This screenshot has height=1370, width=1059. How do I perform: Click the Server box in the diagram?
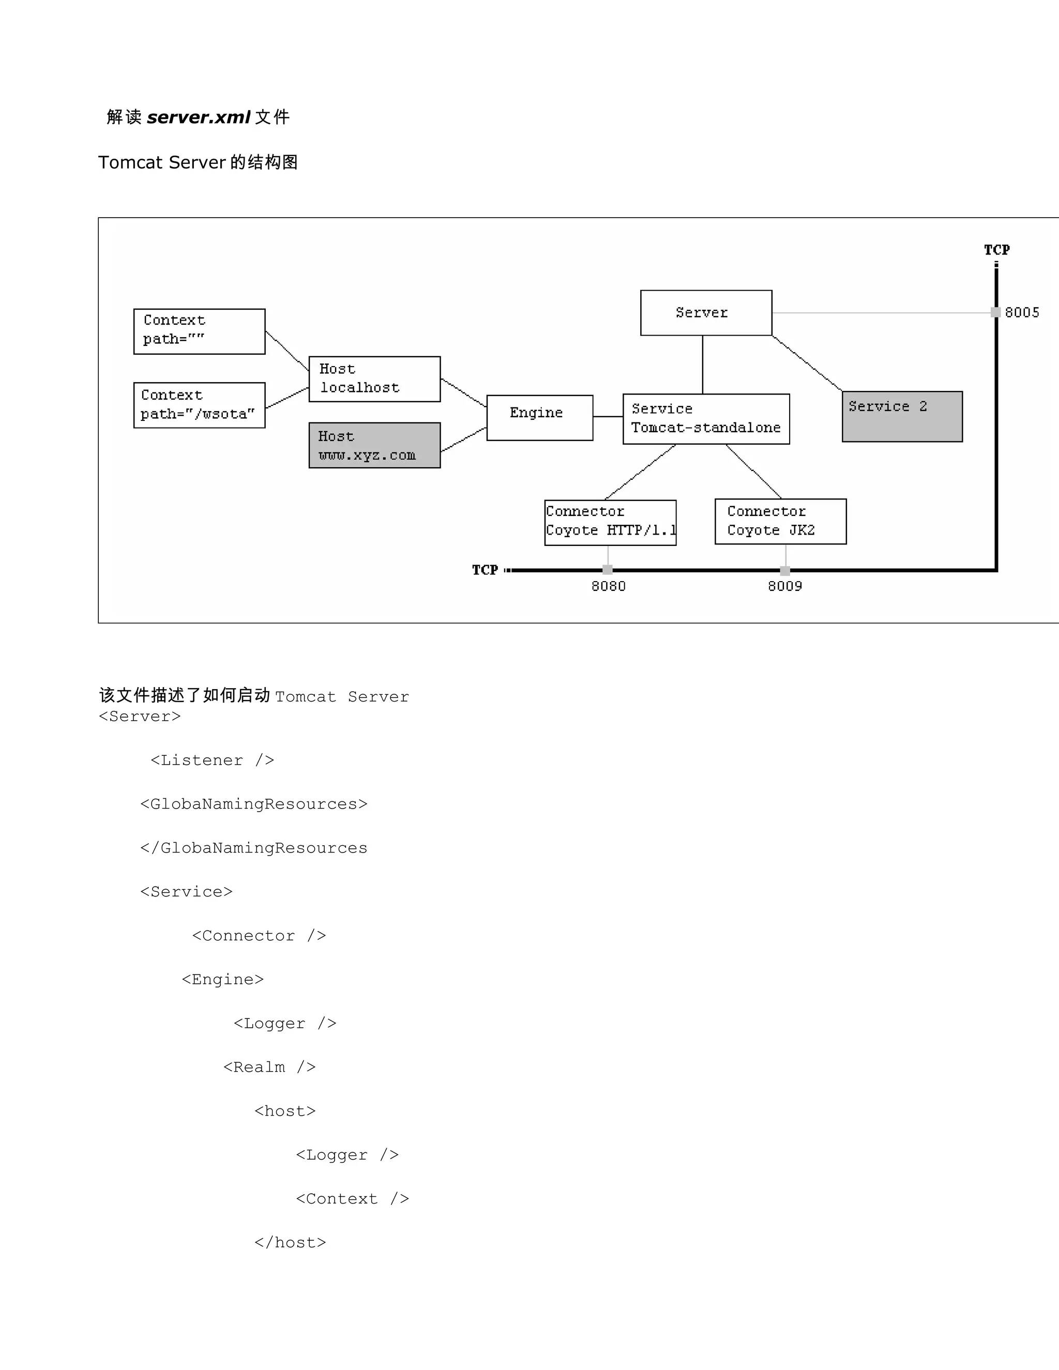pos(706,312)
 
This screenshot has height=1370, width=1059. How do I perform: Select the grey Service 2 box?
pos(901,417)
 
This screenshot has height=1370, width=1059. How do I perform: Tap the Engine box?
pos(539,417)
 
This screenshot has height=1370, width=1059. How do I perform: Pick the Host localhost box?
pos(374,379)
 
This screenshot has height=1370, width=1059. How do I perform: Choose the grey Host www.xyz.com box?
pos(374,445)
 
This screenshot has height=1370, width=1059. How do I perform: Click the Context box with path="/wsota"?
pos(199,405)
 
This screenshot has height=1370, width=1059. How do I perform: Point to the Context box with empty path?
pos(199,331)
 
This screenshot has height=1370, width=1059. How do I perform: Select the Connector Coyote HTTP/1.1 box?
pos(610,522)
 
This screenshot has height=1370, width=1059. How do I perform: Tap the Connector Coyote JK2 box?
pos(780,521)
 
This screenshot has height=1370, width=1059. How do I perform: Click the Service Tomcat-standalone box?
pos(706,419)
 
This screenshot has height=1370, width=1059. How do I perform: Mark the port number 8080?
pos(608,586)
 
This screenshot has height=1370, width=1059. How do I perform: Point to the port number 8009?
pos(785,586)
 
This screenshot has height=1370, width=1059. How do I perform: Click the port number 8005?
pos(1021,312)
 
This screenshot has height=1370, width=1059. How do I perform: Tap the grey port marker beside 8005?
pos(995,312)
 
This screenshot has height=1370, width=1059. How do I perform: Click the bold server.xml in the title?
pos(198,117)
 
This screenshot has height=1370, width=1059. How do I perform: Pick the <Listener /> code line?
pos(212,760)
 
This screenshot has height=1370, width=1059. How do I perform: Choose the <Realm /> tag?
pos(269,1067)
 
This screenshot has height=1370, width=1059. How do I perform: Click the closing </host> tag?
pos(290,1243)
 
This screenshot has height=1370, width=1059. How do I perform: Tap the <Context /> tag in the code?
pos(352,1199)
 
